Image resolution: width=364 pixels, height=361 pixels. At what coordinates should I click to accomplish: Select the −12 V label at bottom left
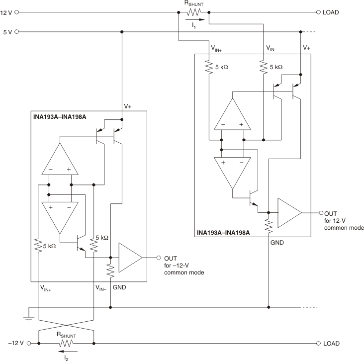(13, 343)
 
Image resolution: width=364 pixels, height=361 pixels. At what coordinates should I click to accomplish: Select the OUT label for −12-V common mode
(171, 258)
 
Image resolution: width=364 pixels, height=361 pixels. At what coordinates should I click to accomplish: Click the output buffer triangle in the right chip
(288, 212)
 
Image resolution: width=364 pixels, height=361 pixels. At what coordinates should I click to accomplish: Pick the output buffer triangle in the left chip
(129, 258)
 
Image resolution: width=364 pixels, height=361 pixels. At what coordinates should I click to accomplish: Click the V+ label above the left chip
(128, 106)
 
